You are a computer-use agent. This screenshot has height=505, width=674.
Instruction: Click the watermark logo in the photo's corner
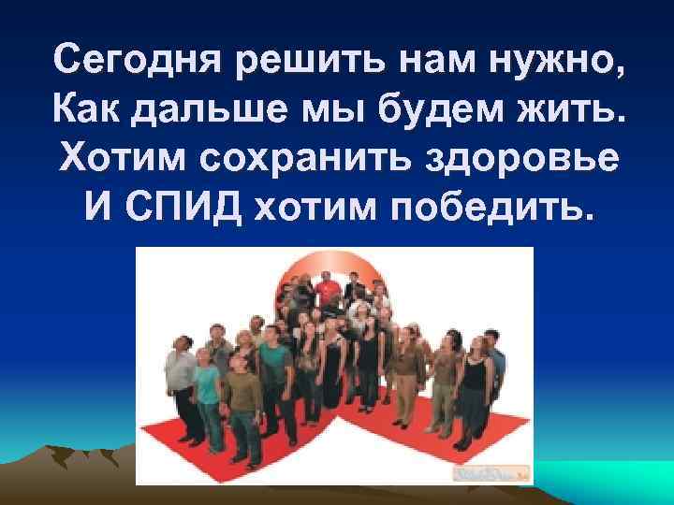pos(492,474)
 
